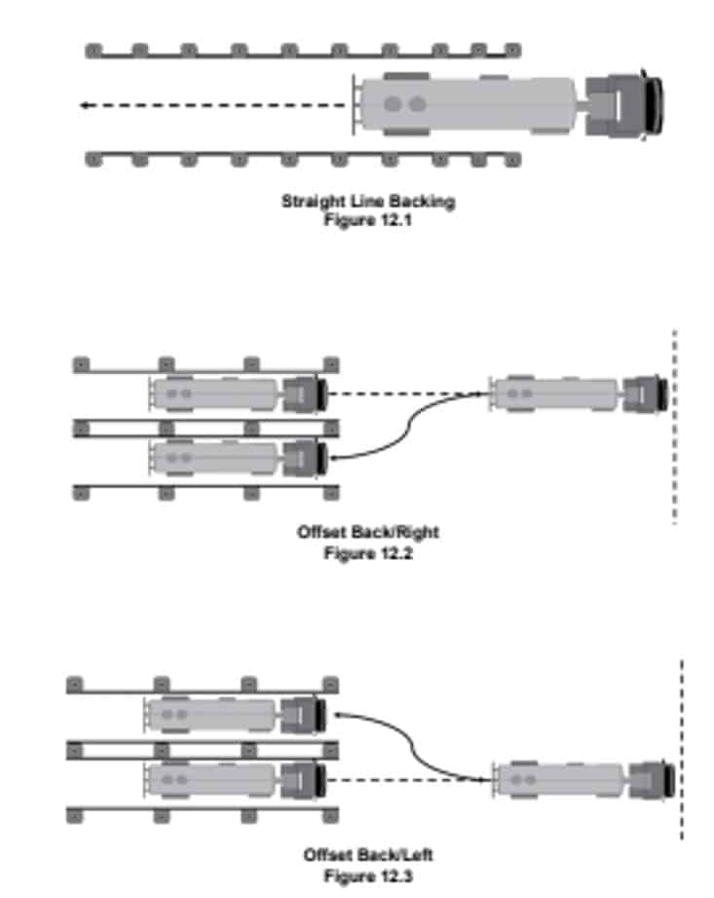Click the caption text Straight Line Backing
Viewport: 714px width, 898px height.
click(x=368, y=202)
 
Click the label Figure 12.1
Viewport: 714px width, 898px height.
click(x=368, y=218)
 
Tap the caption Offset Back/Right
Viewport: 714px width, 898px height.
click(x=368, y=533)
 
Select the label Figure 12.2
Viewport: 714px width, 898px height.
click(x=368, y=551)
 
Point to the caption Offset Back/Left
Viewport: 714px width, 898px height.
click(x=368, y=855)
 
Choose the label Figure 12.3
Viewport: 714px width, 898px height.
click(x=368, y=875)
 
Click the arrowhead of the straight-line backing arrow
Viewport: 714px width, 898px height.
click(x=86, y=105)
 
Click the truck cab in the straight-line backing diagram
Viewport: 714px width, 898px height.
click(x=628, y=102)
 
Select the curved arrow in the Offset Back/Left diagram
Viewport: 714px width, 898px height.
click(x=414, y=745)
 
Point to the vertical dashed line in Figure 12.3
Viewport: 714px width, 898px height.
click(x=681, y=750)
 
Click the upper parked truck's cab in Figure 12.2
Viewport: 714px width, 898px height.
click(x=304, y=394)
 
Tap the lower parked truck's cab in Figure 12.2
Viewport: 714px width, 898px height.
click(x=304, y=457)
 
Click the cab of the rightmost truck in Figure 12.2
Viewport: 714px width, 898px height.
click(x=643, y=394)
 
